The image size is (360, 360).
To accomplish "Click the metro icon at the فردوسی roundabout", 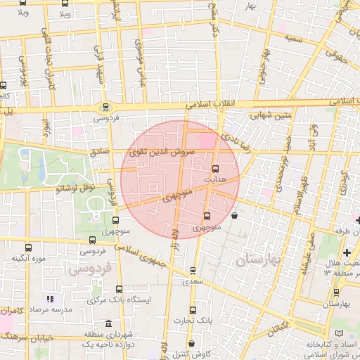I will pos(105,108).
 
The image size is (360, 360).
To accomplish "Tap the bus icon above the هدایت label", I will pos(215,168).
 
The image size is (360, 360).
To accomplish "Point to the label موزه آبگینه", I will pos(28,259).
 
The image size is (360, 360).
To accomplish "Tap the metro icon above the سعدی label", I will pos(193,270).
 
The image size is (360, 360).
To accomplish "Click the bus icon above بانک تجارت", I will pos(193,310).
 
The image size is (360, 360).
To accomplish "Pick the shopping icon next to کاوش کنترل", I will pos(193,344).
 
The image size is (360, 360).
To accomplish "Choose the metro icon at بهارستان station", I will pos(336,292).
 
